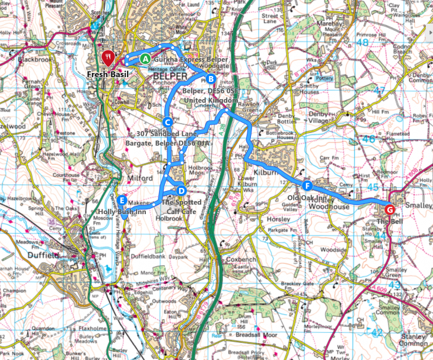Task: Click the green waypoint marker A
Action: pyautogui.click(x=145, y=59)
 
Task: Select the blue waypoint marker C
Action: pyautogui.click(x=167, y=122)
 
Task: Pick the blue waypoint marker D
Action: pyautogui.click(x=181, y=190)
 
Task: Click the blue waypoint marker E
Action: pyautogui.click(x=122, y=200)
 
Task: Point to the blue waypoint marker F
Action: pyautogui.click(x=306, y=185)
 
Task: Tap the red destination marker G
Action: pyautogui.click(x=389, y=209)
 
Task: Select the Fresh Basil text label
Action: pyautogui.click(x=108, y=75)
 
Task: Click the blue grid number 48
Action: pyautogui.click(x=362, y=42)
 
